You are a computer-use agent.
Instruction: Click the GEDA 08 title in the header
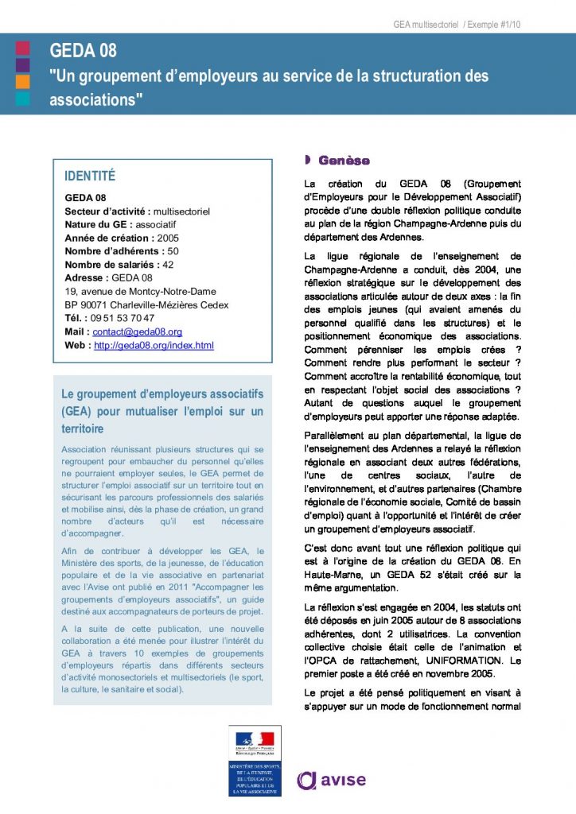[83, 51]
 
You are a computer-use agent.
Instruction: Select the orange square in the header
[23, 81]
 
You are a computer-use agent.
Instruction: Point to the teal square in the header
[23, 99]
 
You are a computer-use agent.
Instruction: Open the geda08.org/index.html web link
[154, 345]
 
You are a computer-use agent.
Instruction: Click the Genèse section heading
[344, 161]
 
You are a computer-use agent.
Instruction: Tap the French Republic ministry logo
[254, 760]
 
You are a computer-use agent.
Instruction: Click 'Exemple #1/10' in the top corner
[492, 25]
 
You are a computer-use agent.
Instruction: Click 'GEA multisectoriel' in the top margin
[426, 25]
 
